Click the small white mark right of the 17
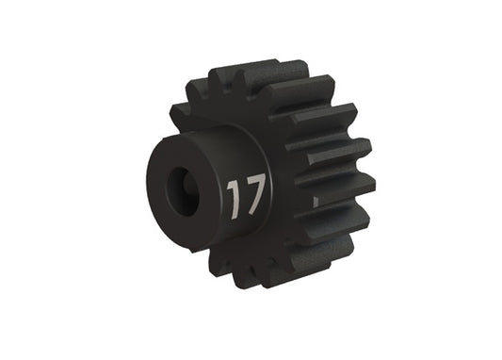(315, 199)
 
